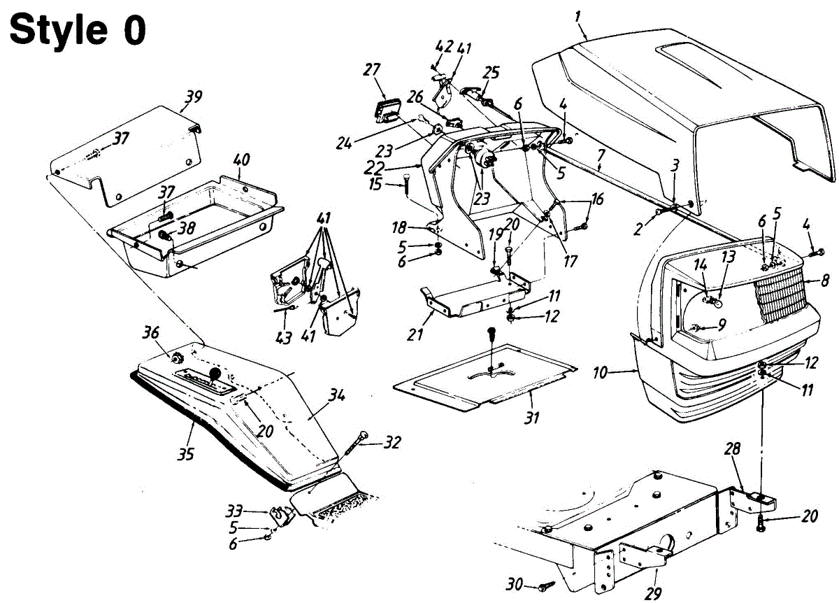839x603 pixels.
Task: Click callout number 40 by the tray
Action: tap(241, 160)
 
